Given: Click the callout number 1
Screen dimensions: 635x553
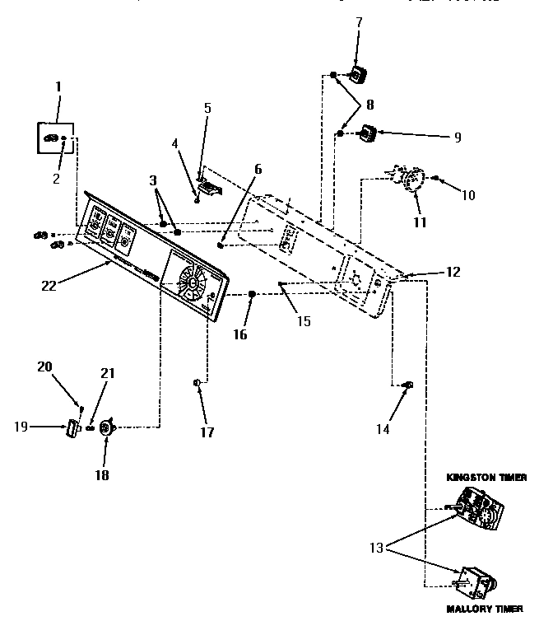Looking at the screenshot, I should pos(58,86).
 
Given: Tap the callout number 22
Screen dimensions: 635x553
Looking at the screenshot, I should pos(47,286).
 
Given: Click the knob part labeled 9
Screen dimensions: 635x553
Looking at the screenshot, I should pos(368,132).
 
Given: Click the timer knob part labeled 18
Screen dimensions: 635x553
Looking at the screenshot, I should pos(106,427).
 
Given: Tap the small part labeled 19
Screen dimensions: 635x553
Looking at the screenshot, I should pos(71,427).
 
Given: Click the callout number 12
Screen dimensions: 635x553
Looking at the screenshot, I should pos(454,271).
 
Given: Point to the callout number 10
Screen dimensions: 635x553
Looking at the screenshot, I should pos(468,195).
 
